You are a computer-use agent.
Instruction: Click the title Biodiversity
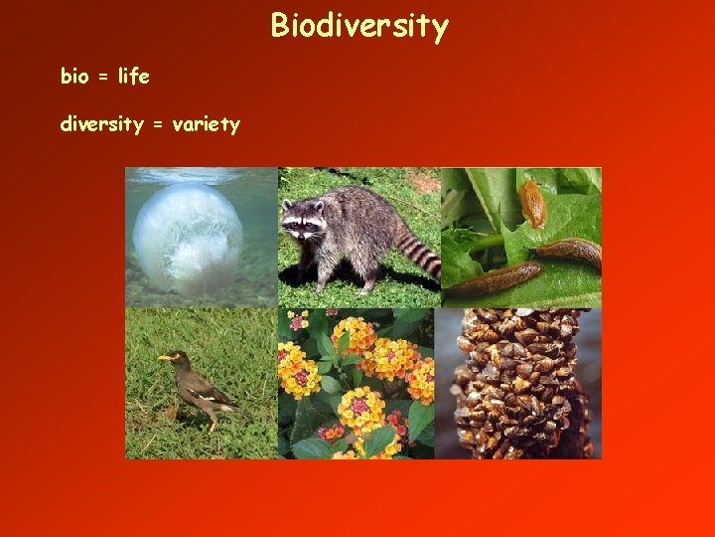359,26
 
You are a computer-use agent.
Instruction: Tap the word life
133,76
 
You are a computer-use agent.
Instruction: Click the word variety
207,125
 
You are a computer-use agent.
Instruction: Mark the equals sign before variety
158,125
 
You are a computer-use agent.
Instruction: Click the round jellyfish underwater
189,236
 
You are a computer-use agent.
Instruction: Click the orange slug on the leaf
533,203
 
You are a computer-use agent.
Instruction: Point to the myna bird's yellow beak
162,357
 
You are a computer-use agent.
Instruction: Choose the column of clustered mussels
516,383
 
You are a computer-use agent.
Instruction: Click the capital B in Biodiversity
280,26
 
